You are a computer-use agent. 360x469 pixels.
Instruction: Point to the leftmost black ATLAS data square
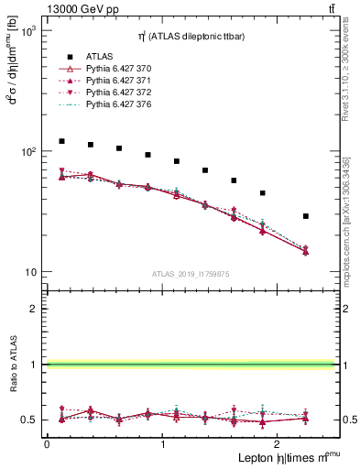(61, 141)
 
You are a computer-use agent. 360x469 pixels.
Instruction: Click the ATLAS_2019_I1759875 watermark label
(190, 273)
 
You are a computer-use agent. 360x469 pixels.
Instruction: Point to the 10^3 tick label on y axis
(28, 31)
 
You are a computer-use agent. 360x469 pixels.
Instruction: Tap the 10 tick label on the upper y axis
(30, 273)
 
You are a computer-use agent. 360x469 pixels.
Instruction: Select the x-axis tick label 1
(163, 443)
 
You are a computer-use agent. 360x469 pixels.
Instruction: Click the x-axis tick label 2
(278, 443)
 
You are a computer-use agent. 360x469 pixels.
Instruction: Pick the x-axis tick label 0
(47, 443)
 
